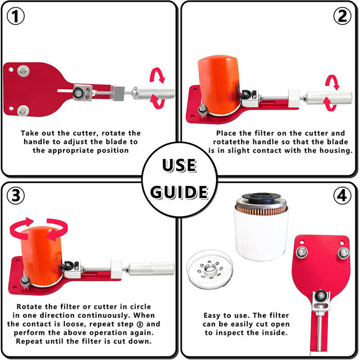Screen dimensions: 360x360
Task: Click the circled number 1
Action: coord(15,16)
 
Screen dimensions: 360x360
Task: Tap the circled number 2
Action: coord(342,16)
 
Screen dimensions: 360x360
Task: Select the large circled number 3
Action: coord(15,195)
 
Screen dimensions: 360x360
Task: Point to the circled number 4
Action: coord(342,195)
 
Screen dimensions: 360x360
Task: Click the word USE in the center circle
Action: coord(179,165)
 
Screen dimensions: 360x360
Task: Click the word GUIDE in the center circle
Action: coord(179,192)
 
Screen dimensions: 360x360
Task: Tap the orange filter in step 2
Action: coord(219,85)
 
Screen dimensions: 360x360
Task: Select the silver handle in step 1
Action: coord(153,93)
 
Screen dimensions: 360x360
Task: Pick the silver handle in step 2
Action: coord(329,98)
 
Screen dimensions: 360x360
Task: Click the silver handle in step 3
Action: coord(151,269)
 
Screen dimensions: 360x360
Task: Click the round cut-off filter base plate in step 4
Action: coord(210,269)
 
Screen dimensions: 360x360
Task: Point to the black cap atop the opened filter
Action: coord(261,197)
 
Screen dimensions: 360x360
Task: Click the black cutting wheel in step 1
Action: coord(78,93)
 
